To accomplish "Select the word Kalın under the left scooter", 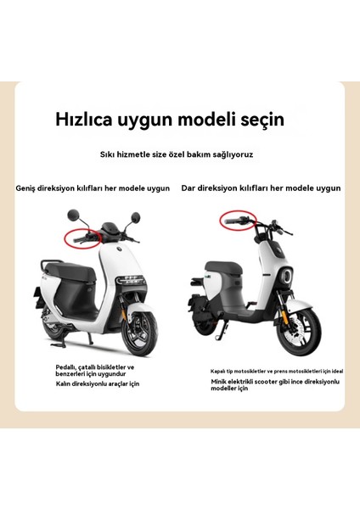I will (x=66, y=384).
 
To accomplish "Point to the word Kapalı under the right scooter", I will (x=218, y=371).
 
